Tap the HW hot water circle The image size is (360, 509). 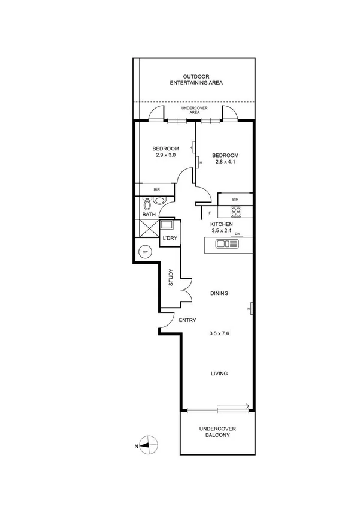click(x=144, y=252)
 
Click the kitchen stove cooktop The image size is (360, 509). click(x=236, y=212)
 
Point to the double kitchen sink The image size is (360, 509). click(x=228, y=243)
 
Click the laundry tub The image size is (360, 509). click(x=167, y=225)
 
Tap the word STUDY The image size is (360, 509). click(x=171, y=277)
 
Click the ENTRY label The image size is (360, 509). click(x=187, y=320)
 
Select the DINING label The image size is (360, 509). click(x=219, y=293)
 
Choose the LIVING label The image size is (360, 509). click(x=219, y=374)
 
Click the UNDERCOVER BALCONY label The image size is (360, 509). click(x=218, y=432)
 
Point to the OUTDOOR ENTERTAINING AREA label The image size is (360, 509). click(x=195, y=80)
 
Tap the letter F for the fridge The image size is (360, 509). click(x=210, y=212)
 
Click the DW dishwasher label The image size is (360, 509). click(x=237, y=234)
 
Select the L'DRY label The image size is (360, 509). click(x=170, y=239)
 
